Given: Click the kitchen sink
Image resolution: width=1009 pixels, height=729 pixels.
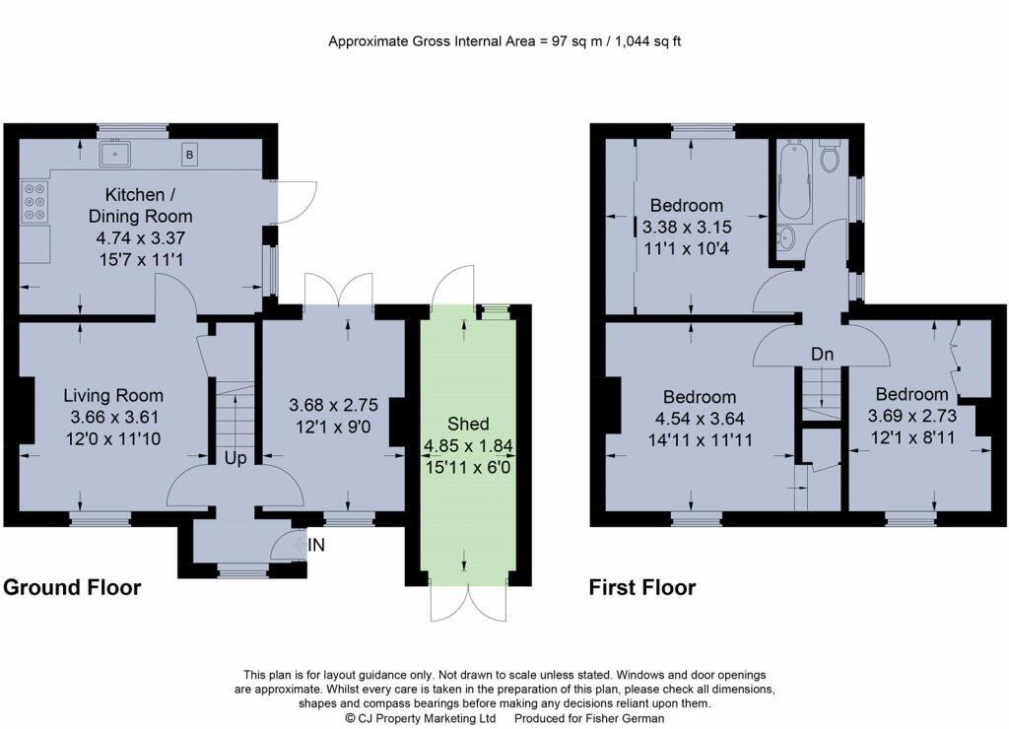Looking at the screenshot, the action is click(116, 154).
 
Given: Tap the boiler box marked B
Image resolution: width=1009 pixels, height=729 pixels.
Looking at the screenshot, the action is click(189, 155).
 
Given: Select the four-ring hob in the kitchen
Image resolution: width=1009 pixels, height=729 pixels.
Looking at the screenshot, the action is click(34, 201).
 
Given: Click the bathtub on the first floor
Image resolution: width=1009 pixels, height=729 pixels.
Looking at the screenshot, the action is click(796, 182).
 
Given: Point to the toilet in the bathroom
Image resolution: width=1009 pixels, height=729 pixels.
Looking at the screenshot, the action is click(831, 155).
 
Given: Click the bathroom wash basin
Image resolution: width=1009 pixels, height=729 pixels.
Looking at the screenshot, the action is click(785, 239).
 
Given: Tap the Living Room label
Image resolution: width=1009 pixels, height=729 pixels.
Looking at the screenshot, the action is click(113, 395).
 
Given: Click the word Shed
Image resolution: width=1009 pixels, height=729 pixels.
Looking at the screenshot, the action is click(468, 424).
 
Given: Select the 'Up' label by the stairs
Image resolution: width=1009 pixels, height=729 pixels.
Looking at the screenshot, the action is click(235, 458).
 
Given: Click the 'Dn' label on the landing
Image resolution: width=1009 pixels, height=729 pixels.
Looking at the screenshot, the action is click(822, 354).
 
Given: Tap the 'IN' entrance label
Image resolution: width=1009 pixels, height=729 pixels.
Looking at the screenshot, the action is click(316, 546).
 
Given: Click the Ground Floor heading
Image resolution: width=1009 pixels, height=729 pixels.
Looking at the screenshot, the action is click(72, 587).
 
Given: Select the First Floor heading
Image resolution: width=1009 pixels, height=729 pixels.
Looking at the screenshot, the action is click(642, 587).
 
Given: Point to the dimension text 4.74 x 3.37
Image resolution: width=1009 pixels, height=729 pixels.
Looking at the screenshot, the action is click(140, 238).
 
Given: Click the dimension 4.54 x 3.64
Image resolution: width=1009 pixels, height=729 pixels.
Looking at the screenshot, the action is click(700, 419).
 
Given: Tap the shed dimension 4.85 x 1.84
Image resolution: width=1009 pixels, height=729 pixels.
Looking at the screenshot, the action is click(468, 445).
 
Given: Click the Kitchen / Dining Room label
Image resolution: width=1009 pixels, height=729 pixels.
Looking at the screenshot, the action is click(140, 205).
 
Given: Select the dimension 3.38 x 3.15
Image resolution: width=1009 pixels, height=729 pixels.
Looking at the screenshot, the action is click(687, 228).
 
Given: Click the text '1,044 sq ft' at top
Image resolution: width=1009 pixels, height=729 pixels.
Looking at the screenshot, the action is click(648, 41).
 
